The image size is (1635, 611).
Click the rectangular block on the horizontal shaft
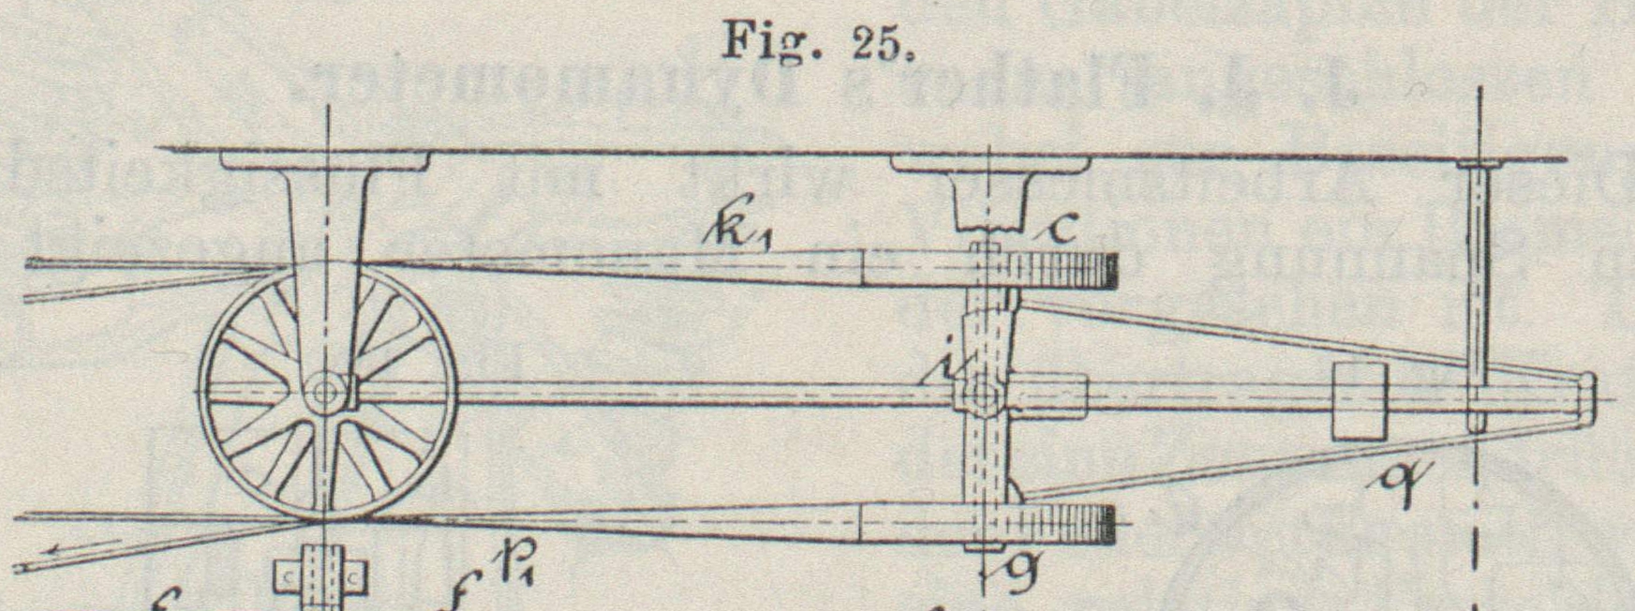(x=1359, y=401)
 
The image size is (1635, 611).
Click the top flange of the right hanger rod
(x=1479, y=165)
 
